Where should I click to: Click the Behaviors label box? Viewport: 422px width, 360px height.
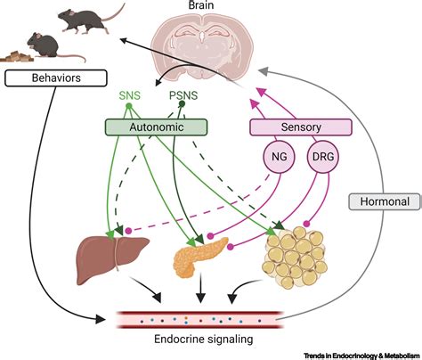click(x=56, y=78)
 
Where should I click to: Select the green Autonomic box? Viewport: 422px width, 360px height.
click(x=156, y=127)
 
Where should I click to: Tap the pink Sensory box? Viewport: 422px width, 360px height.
click(x=301, y=127)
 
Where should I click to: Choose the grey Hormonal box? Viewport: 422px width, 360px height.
click(x=385, y=201)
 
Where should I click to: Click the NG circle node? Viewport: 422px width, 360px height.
click(x=280, y=157)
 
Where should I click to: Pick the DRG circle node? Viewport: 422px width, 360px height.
click(x=323, y=157)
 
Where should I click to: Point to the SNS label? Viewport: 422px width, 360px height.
click(x=129, y=95)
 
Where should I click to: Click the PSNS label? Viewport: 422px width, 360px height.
click(x=183, y=95)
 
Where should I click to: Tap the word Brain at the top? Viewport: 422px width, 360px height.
click(x=201, y=5)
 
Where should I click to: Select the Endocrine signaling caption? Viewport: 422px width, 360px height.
click(x=204, y=339)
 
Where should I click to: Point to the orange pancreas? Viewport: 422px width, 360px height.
click(x=199, y=256)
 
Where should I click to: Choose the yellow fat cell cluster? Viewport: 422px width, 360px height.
click(x=295, y=258)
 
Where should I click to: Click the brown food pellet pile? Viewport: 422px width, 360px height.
click(x=17, y=56)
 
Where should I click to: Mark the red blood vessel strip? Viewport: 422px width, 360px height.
click(x=199, y=320)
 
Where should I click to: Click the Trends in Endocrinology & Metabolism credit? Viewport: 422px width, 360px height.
click(x=361, y=356)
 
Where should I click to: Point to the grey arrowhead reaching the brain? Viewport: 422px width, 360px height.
click(x=263, y=71)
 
